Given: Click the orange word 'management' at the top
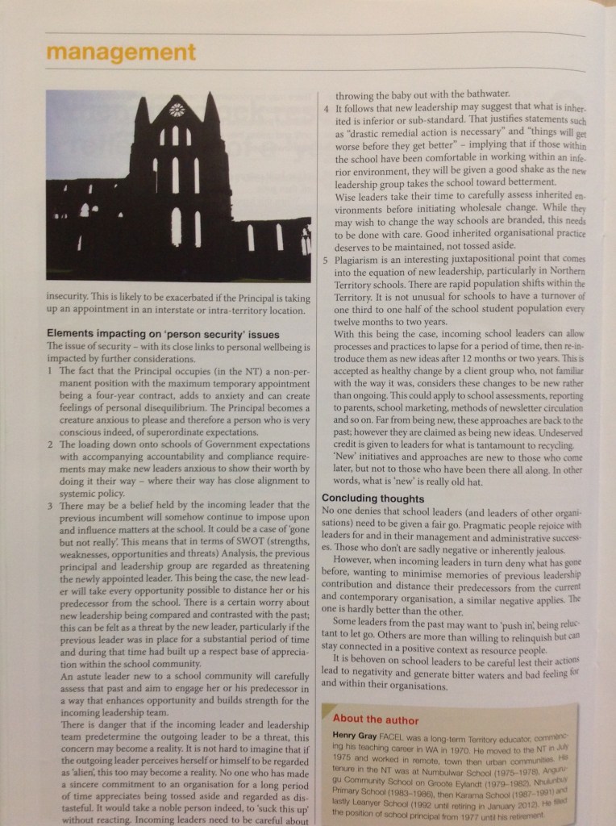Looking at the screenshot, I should (x=121, y=53).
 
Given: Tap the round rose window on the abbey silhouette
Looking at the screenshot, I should (x=176, y=110).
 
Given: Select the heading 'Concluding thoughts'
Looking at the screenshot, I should (x=373, y=499).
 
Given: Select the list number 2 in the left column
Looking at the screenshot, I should (x=50, y=444).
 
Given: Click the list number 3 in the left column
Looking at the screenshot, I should (x=50, y=505).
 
